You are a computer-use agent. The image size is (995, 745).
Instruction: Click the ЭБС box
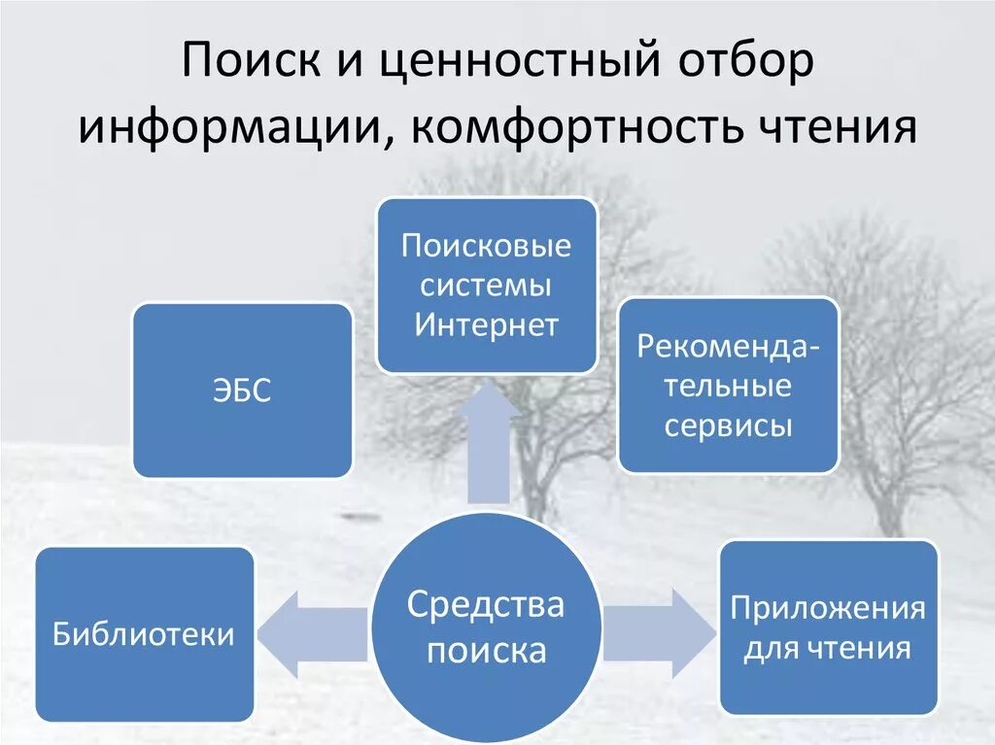coord(242,390)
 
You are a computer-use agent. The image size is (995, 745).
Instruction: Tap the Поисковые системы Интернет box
coord(486,285)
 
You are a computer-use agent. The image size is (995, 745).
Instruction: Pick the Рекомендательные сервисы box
coord(728,386)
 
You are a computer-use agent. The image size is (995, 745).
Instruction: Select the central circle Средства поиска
coord(486,626)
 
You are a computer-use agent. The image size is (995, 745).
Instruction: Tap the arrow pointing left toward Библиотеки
coord(307,634)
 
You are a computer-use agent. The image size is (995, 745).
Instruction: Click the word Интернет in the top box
coord(486,324)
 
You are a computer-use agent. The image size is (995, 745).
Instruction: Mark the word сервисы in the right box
coord(728,425)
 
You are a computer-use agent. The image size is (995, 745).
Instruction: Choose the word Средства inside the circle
coord(486,604)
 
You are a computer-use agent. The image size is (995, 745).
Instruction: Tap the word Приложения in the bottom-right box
coord(828,609)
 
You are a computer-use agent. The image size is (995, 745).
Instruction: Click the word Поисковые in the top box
coord(486,246)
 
